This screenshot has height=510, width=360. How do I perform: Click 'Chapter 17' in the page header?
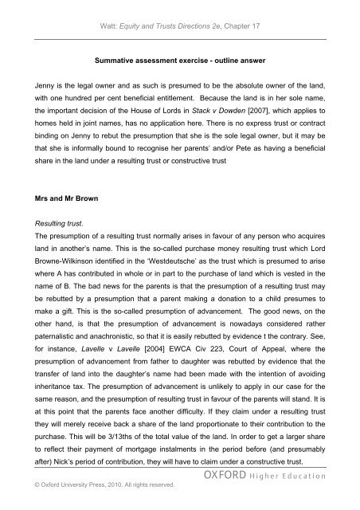click(248, 12)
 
